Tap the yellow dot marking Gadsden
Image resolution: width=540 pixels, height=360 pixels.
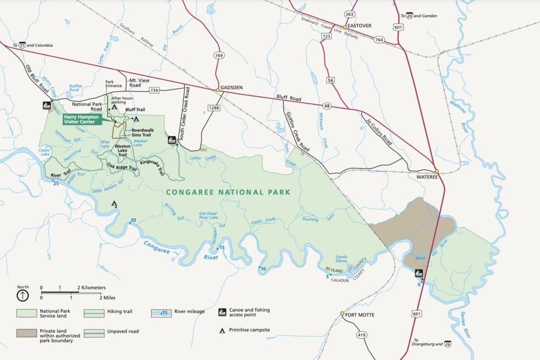(218, 90)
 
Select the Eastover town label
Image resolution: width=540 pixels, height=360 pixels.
(359, 26)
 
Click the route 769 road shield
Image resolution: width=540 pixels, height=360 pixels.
(220, 56)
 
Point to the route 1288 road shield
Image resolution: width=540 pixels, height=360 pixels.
(213, 109)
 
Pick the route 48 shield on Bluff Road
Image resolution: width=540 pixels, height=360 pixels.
(327, 105)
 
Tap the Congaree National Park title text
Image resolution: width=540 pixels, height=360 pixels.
(228, 192)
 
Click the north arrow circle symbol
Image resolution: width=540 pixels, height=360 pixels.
(22, 295)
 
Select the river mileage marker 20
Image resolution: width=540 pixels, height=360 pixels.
(132, 220)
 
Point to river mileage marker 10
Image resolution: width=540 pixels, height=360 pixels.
(263, 269)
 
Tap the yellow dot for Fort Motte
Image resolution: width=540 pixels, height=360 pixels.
(342, 314)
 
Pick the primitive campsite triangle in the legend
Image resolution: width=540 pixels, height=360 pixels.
(222, 330)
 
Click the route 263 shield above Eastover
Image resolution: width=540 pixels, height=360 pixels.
(350, 14)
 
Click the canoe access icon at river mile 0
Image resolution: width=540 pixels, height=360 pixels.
(419, 274)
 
